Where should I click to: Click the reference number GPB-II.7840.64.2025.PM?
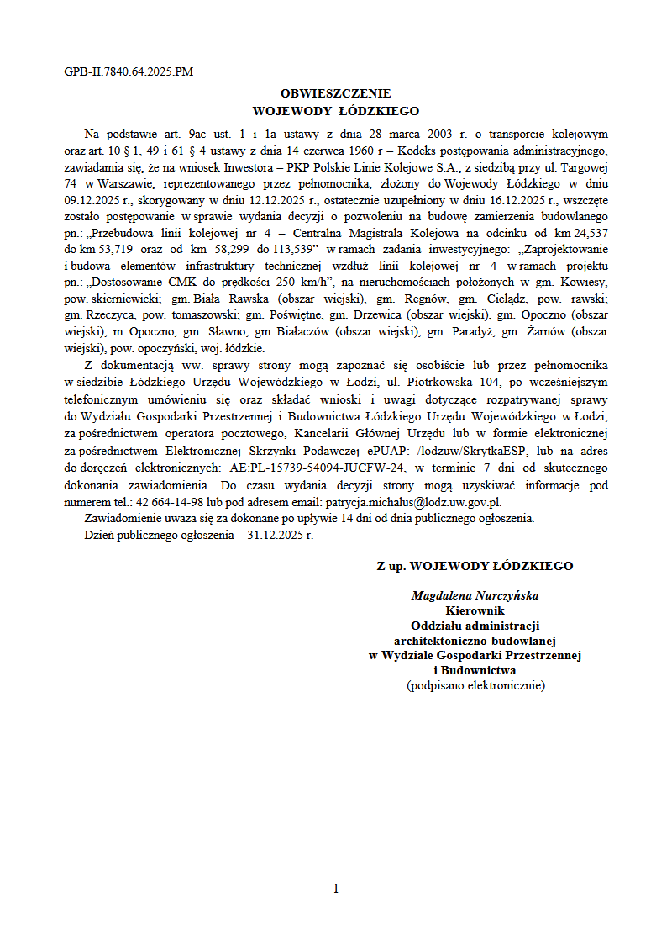tap(129, 71)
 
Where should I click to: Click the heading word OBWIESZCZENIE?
tap(335, 94)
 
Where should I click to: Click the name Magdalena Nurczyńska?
tap(475, 596)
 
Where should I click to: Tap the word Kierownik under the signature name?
tap(475, 610)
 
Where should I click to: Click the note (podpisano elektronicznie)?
tap(475, 686)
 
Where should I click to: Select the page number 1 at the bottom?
tap(335, 889)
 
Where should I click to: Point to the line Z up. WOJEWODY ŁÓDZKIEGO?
tap(475, 566)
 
